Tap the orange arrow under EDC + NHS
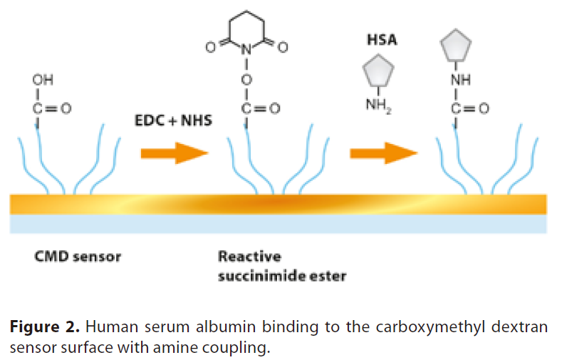173,152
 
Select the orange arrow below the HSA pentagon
383,152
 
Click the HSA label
381,40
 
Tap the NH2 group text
380,106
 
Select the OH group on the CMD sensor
43,80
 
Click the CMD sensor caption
78,256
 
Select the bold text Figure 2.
45,328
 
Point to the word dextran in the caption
522,328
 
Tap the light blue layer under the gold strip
278,224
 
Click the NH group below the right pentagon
460,80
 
